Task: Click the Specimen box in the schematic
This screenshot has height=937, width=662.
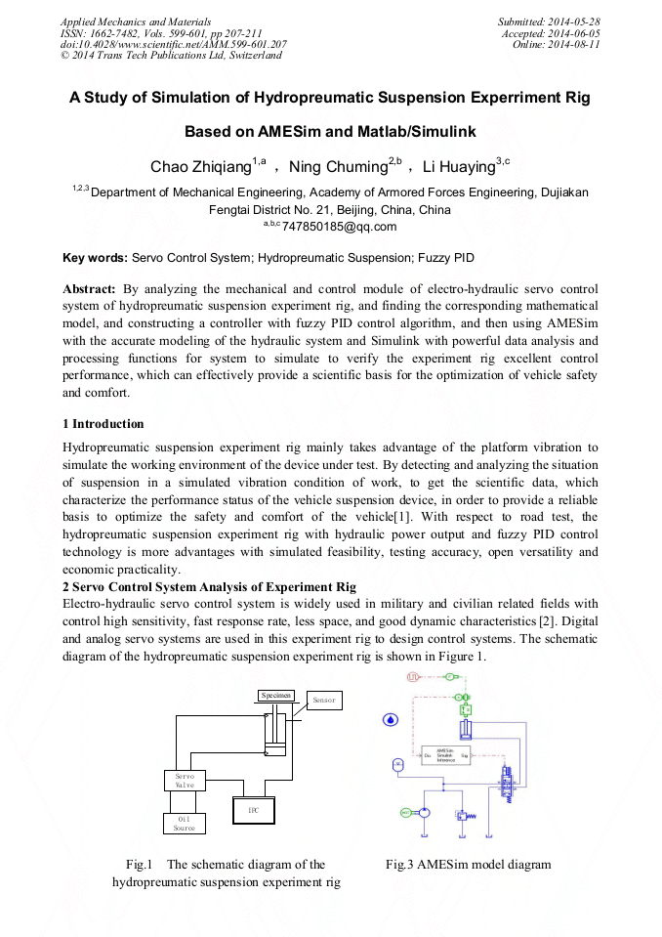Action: click(x=276, y=695)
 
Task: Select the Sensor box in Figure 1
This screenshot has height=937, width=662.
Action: click(x=323, y=700)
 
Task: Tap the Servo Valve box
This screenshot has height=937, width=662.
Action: click(x=185, y=780)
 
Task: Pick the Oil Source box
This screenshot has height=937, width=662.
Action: click(x=185, y=823)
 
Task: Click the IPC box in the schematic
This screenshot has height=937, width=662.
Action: click(x=252, y=810)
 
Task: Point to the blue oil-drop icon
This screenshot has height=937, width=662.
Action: click(x=391, y=719)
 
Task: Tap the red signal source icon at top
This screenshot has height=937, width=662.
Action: click(x=412, y=676)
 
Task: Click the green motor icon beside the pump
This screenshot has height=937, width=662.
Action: click(x=406, y=812)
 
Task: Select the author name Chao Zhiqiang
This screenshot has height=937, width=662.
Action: click(x=200, y=167)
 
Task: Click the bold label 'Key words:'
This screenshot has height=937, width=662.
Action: click(x=95, y=258)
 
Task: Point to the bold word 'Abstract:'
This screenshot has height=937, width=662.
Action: click(x=89, y=289)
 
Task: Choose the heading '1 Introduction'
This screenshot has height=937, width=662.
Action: click(x=103, y=423)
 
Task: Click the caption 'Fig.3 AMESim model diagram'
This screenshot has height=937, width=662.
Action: click(x=468, y=864)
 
